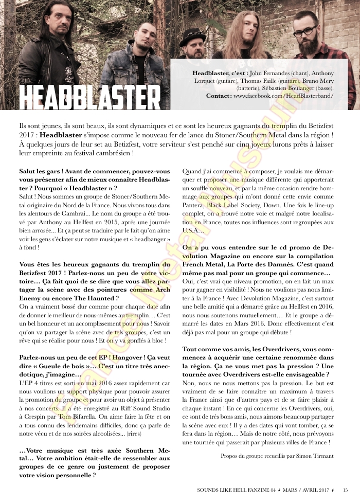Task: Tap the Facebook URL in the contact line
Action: click(281, 96)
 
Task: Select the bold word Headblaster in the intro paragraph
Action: click(61, 134)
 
